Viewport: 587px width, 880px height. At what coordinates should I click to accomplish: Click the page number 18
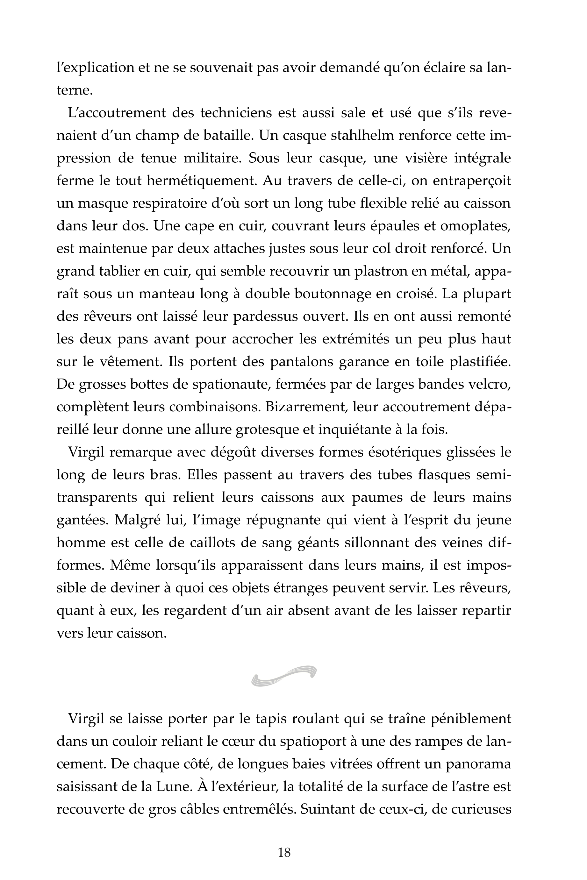pos(284,853)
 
